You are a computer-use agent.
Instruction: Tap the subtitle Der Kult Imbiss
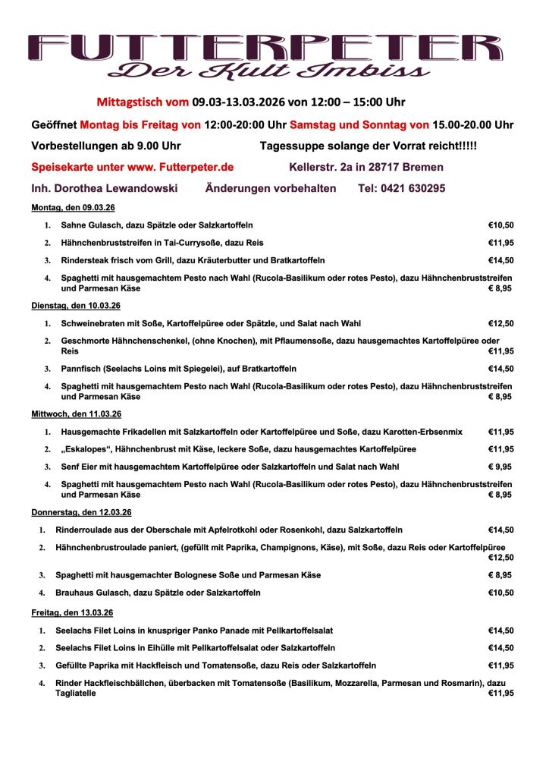tap(269, 71)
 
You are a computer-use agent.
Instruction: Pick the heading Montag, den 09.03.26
tap(73, 208)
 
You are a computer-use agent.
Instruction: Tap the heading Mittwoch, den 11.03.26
tap(76, 414)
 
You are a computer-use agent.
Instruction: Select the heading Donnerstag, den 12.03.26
tap(81, 512)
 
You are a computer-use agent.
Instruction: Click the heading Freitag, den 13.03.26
tap(72, 612)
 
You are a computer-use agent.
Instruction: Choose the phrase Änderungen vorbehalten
tap(271, 188)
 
